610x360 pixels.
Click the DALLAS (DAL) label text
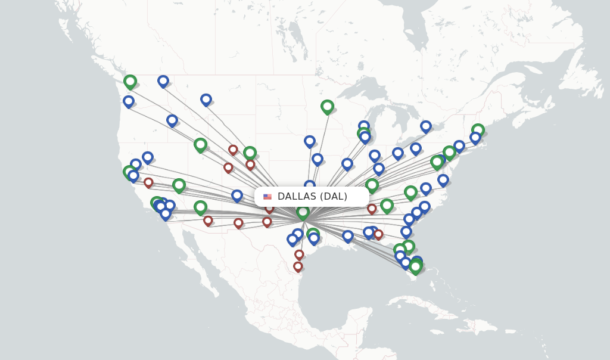tap(312, 197)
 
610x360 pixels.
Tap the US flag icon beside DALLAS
tap(267, 197)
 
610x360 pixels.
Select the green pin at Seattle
tap(130, 81)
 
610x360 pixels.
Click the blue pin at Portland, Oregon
tap(129, 101)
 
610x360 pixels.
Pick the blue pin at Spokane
tap(163, 80)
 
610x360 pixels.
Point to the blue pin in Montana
tap(206, 99)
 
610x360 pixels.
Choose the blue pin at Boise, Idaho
tap(172, 120)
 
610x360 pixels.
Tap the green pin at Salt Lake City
tap(201, 144)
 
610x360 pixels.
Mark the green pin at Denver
tap(250, 153)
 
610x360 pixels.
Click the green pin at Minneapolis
tap(327, 106)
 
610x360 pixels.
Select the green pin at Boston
tap(478, 130)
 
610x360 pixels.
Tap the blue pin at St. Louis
tap(347, 163)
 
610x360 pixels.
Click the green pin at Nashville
tap(372, 185)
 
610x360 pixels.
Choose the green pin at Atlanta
tap(387, 206)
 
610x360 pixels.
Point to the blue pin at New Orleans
tap(348, 236)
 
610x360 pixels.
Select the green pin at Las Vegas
tap(179, 185)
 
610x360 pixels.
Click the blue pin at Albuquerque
tap(237, 195)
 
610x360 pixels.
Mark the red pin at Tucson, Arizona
tap(208, 221)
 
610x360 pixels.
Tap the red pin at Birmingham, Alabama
tap(372, 209)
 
